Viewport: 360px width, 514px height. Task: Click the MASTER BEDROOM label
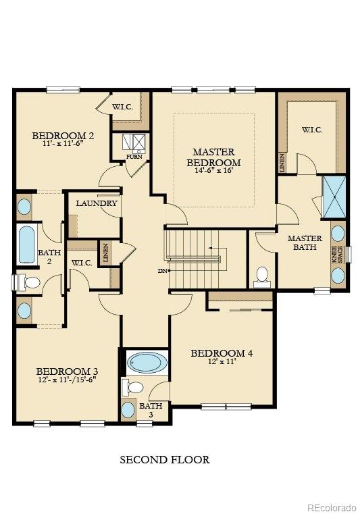213,157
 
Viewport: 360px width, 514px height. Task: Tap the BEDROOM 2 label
63,136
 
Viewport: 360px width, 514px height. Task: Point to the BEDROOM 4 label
222,353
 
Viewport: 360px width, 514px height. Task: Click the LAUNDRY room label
97,203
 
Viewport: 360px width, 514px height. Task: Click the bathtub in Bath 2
27,245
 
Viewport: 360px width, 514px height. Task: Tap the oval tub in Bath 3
147,363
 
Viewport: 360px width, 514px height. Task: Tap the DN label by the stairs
162,271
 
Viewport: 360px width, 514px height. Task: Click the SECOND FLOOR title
165,460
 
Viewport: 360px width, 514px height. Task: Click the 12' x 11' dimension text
222,363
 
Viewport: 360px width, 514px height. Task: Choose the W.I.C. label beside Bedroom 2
122,106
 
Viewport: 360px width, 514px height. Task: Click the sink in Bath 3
128,409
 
